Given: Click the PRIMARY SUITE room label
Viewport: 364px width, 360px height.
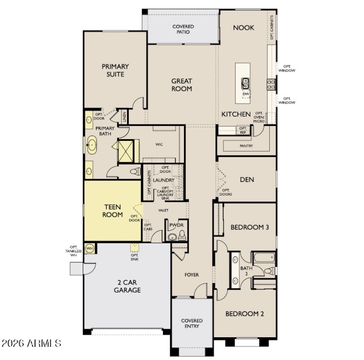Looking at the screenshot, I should pyautogui.click(x=115, y=70).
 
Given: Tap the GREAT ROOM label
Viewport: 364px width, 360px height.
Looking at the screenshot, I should pyautogui.click(x=182, y=85).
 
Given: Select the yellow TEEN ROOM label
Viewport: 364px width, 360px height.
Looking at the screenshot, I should pyautogui.click(x=112, y=210).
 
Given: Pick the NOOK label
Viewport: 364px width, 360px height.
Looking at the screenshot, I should pyautogui.click(x=243, y=28).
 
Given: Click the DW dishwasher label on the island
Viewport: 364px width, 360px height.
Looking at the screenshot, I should pyautogui.click(x=246, y=94).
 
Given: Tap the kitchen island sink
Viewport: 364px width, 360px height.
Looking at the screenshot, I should pyautogui.click(x=245, y=84).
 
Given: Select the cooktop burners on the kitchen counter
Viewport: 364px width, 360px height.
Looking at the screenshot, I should pyautogui.click(x=271, y=84).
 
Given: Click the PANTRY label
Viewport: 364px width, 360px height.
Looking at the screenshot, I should pyautogui.click(x=246, y=146).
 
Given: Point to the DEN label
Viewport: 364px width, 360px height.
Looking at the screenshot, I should pyautogui.click(x=247, y=180).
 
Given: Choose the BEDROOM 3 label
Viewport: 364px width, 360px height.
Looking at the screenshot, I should pyautogui.click(x=249, y=227).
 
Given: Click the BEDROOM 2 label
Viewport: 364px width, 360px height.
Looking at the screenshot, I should pyautogui.click(x=245, y=314).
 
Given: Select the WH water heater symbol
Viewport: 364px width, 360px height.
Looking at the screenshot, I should pyautogui.click(x=90, y=248).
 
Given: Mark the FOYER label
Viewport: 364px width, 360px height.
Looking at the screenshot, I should pyautogui.click(x=192, y=275).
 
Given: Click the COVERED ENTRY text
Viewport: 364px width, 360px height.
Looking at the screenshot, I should pyautogui.click(x=192, y=324).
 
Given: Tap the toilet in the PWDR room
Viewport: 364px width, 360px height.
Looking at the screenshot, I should pyautogui.click(x=182, y=235).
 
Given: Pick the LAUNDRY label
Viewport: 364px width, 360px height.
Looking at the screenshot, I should pyautogui.click(x=164, y=180).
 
